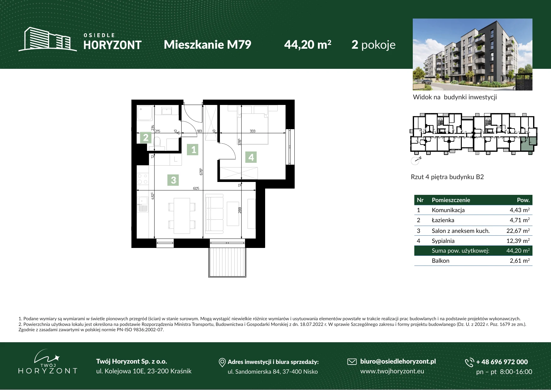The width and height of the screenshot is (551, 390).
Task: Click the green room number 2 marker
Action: pyautogui.click(x=146, y=138)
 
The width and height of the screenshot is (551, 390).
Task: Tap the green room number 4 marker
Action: pyautogui.click(x=251, y=157)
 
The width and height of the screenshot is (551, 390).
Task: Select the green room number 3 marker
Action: pyautogui.click(x=173, y=180)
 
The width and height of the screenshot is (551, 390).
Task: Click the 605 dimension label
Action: pyautogui.click(x=196, y=188)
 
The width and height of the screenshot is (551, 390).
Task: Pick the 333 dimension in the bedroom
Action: pyautogui.click(x=253, y=131)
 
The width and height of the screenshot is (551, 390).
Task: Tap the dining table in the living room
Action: pyautogui.click(x=182, y=216)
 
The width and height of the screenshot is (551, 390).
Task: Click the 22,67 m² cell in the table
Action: pyautogui.click(x=518, y=231)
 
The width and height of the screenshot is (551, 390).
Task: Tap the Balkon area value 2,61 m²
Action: pyautogui.click(x=520, y=261)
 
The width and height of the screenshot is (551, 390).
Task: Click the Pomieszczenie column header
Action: pyautogui.click(x=451, y=200)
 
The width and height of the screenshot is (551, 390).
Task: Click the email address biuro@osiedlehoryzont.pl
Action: pyautogui.click(x=398, y=361)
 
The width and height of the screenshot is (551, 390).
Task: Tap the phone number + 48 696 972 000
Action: pyautogui.click(x=502, y=362)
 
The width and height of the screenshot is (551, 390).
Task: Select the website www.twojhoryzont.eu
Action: pyautogui.click(x=392, y=371)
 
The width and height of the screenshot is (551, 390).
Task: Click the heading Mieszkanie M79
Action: pyautogui.click(x=207, y=45)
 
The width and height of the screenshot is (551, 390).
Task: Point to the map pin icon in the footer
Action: pyautogui.click(x=222, y=363)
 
